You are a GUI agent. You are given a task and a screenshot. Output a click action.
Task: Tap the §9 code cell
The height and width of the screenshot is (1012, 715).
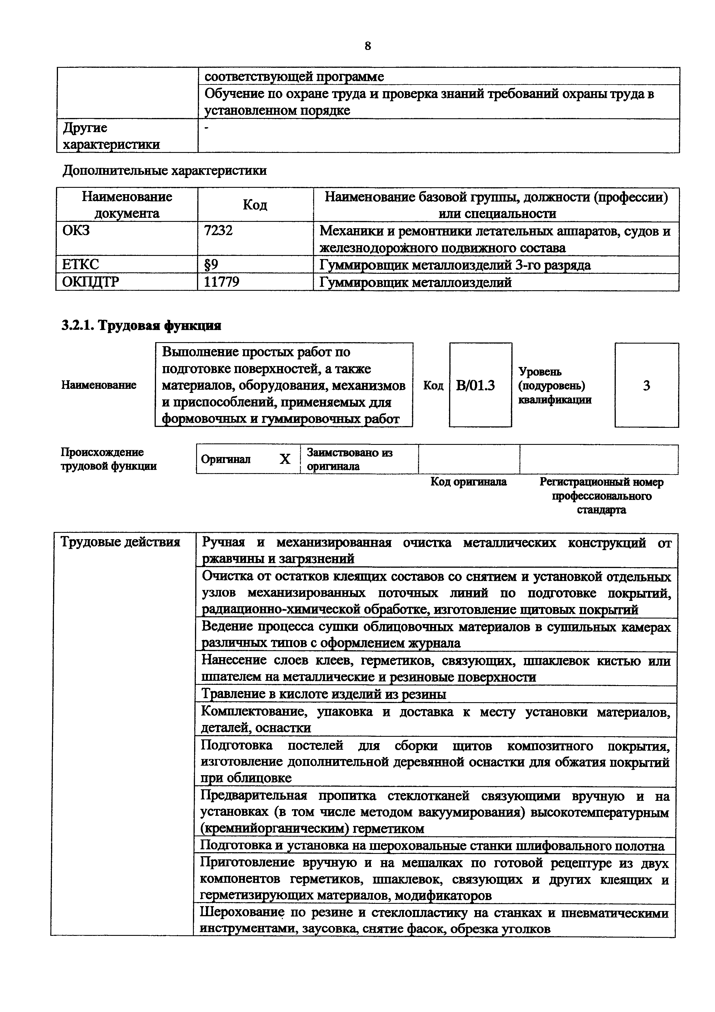211,265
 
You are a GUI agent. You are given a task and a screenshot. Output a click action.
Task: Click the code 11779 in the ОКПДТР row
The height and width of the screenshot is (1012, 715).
222,282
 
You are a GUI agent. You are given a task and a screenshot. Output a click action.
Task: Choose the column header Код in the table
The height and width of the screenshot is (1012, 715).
255,205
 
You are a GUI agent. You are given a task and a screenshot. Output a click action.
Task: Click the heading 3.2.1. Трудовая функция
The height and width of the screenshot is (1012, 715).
141,326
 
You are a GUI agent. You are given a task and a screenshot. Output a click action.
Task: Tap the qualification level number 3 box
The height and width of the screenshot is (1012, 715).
646,386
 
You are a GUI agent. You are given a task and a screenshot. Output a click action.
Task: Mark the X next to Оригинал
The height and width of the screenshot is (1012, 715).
285,459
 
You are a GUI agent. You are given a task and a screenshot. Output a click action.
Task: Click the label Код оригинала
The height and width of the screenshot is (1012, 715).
469,482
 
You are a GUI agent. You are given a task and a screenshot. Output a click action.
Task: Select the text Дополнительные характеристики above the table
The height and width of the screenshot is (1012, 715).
164,170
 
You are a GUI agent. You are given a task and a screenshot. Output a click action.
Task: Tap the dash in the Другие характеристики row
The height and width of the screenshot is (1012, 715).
207,128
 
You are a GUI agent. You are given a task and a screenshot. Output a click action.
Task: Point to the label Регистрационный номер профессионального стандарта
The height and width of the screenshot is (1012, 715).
601,496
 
